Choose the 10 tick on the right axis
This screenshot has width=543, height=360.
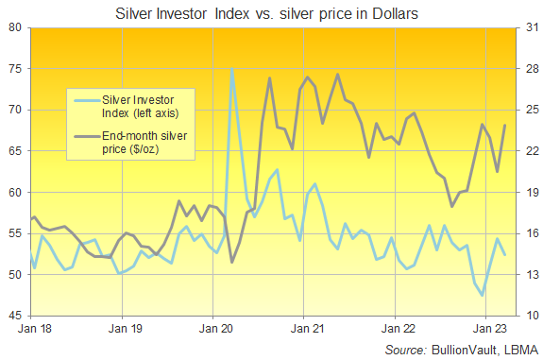(528, 316)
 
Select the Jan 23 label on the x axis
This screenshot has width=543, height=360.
(488, 330)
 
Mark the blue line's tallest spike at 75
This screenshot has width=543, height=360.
(231, 69)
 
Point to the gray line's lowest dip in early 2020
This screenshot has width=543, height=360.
(232, 262)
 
